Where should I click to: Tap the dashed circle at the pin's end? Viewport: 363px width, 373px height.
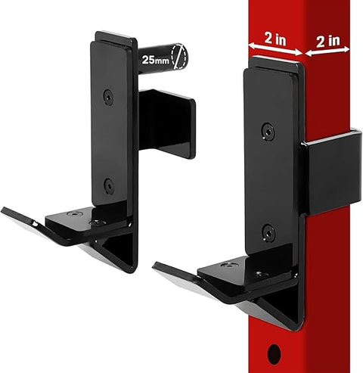[x=178, y=57]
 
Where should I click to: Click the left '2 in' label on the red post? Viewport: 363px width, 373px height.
[x=275, y=37]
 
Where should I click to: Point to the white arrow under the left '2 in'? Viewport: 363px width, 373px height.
[x=275, y=51]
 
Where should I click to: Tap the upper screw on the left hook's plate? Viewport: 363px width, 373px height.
[x=109, y=97]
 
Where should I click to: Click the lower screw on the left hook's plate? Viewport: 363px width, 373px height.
[x=109, y=183]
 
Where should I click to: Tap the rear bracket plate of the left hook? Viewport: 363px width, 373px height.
[x=168, y=121]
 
